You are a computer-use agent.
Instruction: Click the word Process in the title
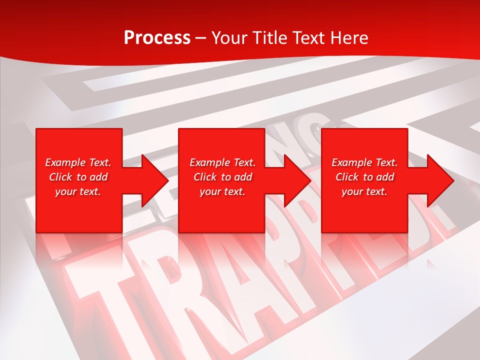(157, 38)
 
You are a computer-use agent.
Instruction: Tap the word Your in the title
(229, 38)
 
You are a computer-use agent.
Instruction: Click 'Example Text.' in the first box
(78, 162)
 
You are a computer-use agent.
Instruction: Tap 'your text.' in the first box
(78, 191)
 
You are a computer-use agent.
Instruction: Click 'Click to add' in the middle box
(222, 177)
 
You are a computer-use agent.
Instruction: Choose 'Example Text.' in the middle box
(222, 162)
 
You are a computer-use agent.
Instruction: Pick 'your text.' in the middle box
(222, 191)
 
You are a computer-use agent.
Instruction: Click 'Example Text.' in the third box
(364, 162)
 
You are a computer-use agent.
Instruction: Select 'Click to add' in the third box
(364, 177)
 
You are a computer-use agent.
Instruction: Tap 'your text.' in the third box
(364, 191)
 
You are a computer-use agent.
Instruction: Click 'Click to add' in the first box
(78, 177)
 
